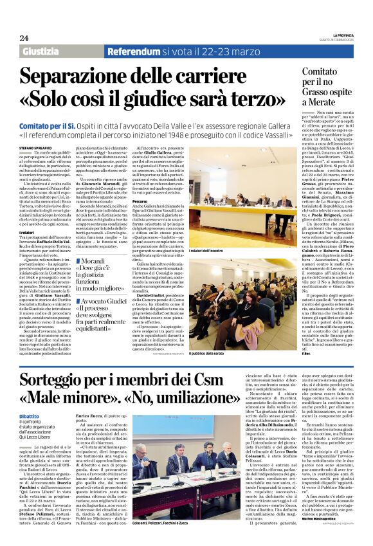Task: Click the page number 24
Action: click(24, 39)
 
